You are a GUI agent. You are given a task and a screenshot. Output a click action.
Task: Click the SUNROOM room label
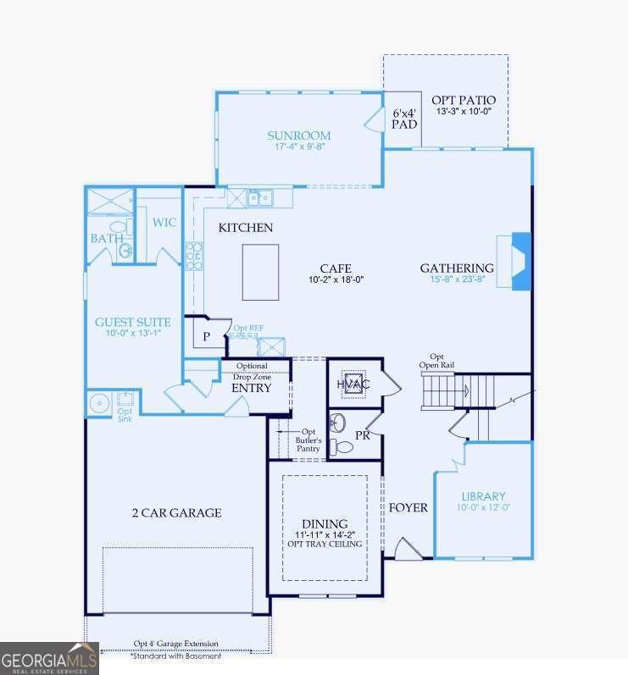[x=298, y=136]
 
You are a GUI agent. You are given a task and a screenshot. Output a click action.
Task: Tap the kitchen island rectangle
[x=260, y=272]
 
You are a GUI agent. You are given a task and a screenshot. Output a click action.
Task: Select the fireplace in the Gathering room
[x=520, y=262]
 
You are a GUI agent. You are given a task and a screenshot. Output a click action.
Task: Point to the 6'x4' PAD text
[x=404, y=118]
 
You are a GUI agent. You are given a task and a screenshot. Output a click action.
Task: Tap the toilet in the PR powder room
[x=343, y=446]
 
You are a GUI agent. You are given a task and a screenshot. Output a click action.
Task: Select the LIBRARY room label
[x=483, y=496]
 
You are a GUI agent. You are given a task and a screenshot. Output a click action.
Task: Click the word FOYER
[x=408, y=508]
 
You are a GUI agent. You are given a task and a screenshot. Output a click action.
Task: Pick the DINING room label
[x=325, y=523]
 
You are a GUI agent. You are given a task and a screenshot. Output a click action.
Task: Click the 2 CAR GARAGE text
[x=176, y=512]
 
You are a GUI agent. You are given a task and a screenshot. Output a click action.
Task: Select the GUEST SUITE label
[x=132, y=322]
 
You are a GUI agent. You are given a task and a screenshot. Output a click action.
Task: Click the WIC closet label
[x=164, y=223]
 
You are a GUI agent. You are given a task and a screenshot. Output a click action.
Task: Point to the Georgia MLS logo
[x=49, y=658]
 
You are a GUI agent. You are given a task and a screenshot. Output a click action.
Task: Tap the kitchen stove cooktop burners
[x=194, y=254]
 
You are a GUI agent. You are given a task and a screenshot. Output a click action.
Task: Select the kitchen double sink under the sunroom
[x=259, y=197]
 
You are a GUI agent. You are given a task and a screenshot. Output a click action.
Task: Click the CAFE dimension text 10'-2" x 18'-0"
[x=336, y=279]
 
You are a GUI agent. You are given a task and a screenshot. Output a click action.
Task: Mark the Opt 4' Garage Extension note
[x=176, y=644]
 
